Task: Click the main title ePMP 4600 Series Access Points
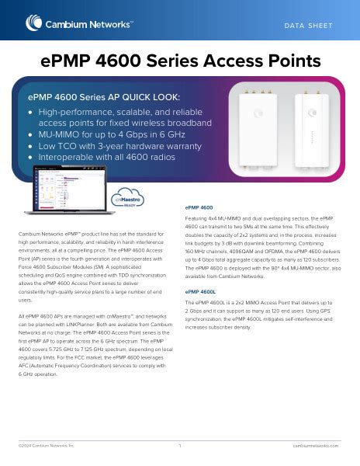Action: (180, 61)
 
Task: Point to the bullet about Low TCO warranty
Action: (117, 146)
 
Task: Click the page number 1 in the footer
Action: (180, 446)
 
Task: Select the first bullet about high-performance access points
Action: (124, 117)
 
